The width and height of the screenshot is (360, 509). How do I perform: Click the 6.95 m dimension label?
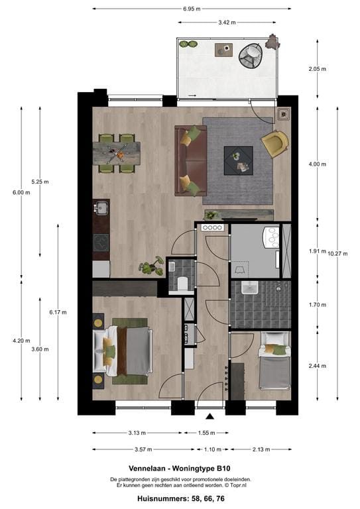[192, 9]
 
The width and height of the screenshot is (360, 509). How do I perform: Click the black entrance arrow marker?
[211, 416]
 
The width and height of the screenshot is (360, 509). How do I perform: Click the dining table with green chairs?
[117, 154]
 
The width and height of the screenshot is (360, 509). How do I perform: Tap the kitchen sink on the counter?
[101, 209]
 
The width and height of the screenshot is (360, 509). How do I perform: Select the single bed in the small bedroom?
[273, 361]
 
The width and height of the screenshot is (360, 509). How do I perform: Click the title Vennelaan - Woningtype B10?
[180, 467]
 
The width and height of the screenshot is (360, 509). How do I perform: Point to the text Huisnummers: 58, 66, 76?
[180, 497]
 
